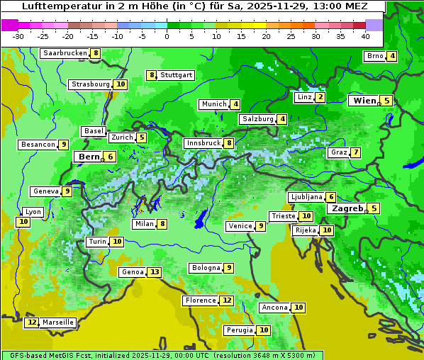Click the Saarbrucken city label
coord(65,53)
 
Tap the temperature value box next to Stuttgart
coord(151,75)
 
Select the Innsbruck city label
coord(203,143)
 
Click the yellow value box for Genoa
coord(155,272)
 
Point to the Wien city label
coord(364,101)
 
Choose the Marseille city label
coord(58,322)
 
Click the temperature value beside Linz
coord(320,97)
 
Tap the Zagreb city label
coord(347,208)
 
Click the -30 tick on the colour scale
coord(18,36)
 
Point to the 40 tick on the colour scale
coord(365,36)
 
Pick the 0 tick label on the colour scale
coord(167,36)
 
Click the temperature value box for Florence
coord(227,300)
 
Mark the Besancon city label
coord(38,145)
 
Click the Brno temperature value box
coord(392,57)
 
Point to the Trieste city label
coord(284,216)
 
